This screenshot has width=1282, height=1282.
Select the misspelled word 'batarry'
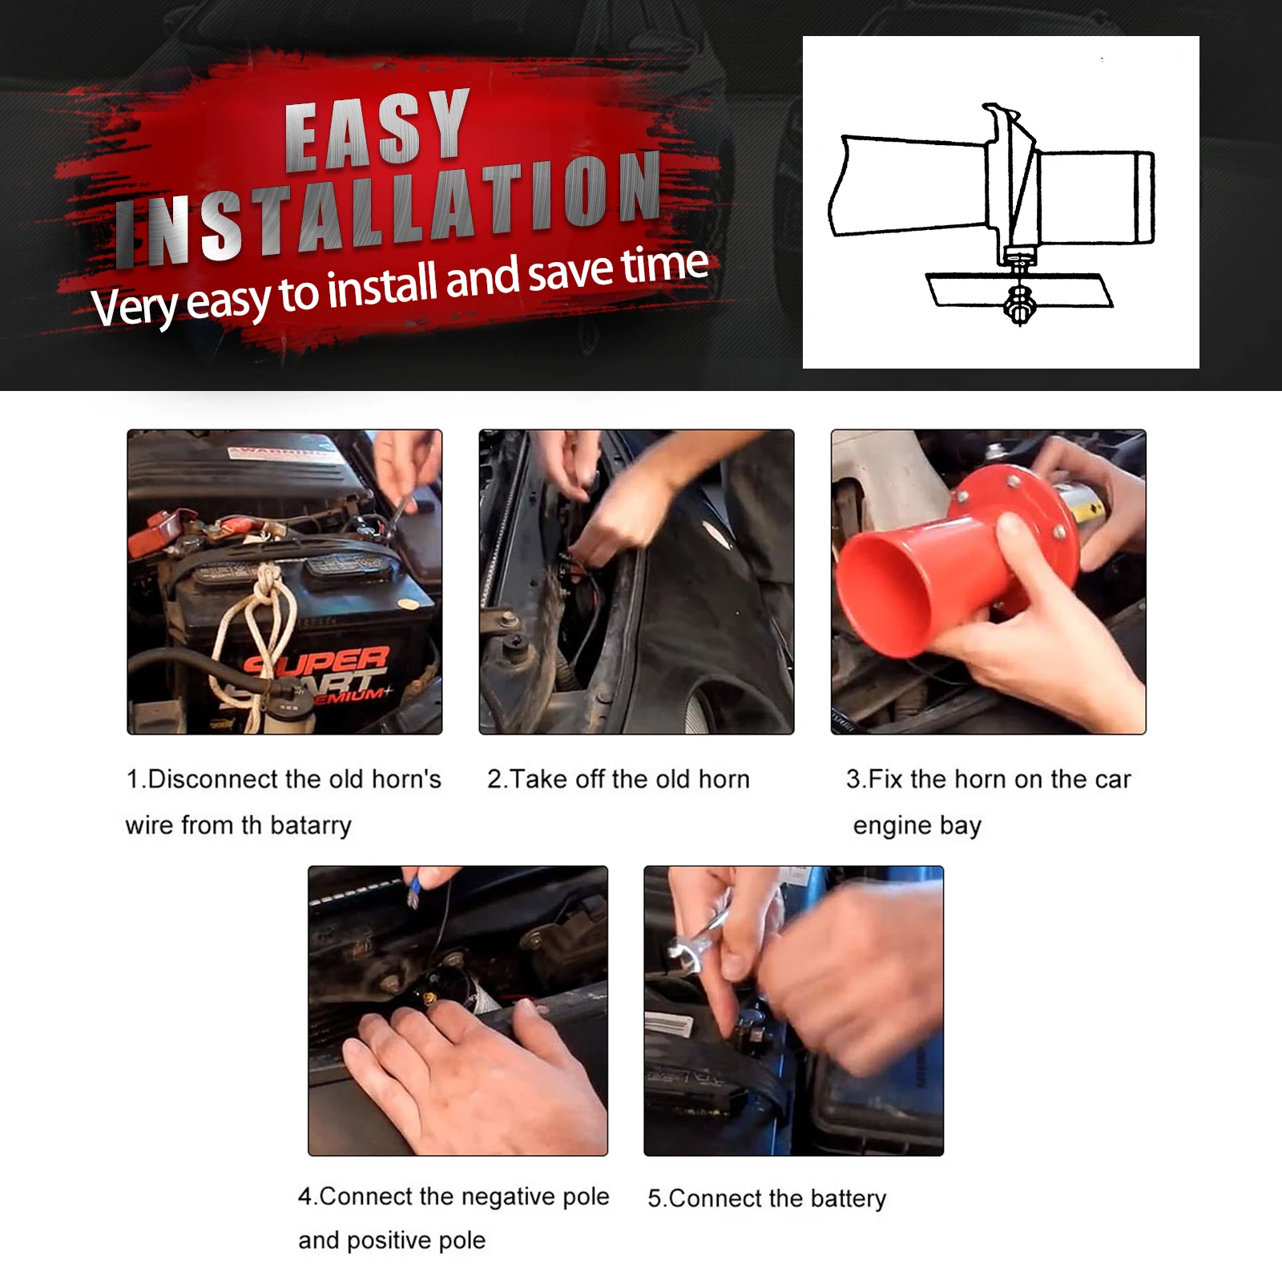coord(311,825)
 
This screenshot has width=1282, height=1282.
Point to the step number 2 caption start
coord(494,779)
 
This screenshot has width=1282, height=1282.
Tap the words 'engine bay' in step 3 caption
coord(917,825)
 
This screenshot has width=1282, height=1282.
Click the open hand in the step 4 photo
coord(473,1074)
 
